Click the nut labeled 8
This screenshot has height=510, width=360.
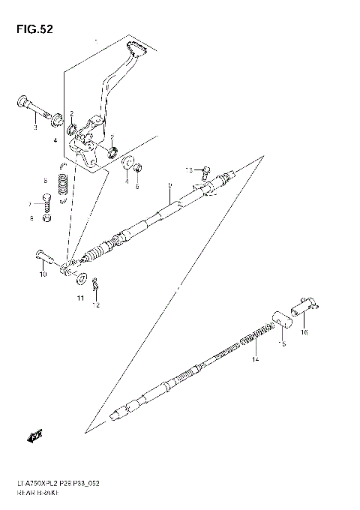(x=46, y=218)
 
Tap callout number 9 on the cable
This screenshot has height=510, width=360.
(x=170, y=185)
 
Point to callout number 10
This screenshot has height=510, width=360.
(x=43, y=275)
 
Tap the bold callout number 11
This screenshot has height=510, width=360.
(x=80, y=299)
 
